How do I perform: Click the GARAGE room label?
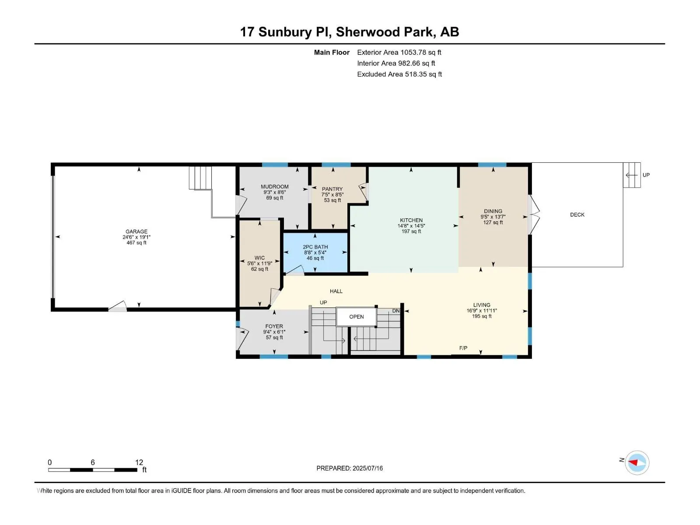pos(136,231)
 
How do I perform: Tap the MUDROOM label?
pos(274,186)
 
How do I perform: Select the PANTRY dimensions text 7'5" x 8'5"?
pos(332,194)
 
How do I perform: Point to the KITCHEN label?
pos(411,220)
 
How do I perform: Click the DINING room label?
pos(493,211)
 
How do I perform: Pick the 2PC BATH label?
pos(315,247)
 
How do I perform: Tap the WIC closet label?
pos(259,258)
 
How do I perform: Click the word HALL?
pos(336,291)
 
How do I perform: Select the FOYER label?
pos(274,326)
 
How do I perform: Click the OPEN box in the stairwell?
pos(356,316)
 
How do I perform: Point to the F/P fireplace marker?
pos(463,348)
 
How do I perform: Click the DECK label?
pos(577,214)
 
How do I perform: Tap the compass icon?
pos(637,462)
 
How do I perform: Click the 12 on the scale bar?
pos(139,462)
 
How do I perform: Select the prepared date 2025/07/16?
pos(367,468)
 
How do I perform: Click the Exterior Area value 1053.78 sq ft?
pos(420,52)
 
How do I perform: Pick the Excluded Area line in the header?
pos(399,74)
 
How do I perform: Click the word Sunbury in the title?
pos(285,32)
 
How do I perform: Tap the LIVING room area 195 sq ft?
pos(482,316)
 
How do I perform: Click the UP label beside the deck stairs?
pos(646,175)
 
